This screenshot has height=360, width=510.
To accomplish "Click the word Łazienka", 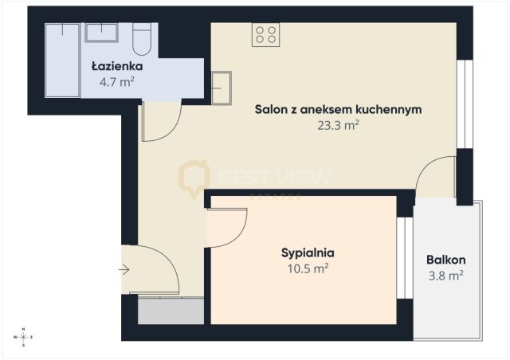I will pyautogui.click(x=116, y=67).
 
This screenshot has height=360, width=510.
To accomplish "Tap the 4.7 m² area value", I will pyautogui.click(x=116, y=81).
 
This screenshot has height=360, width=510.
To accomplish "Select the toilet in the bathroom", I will pyautogui.click(x=143, y=38).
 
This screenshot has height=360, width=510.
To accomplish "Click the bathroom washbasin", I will pyautogui.click(x=102, y=33).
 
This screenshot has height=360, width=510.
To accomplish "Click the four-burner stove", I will pyautogui.click(x=265, y=34).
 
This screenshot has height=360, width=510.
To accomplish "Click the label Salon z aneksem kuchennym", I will pyautogui.click(x=337, y=109).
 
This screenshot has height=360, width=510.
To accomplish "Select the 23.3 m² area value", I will pyautogui.click(x=338, y=124).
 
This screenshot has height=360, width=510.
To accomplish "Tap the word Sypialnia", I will pyautogui.click(x=307, y=252).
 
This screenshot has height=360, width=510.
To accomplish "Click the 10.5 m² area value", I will pyautogui.click(x=307, y=268).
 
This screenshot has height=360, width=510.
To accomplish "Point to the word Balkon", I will pyautogui.click(x=445, y=260).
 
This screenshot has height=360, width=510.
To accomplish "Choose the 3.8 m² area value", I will pyautogui.click(x=445, y=276).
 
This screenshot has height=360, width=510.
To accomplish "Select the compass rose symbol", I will pyautogui.click(x=24, y=338).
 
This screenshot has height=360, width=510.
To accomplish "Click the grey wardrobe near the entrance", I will pyautogui.click(x=171, y=311).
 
